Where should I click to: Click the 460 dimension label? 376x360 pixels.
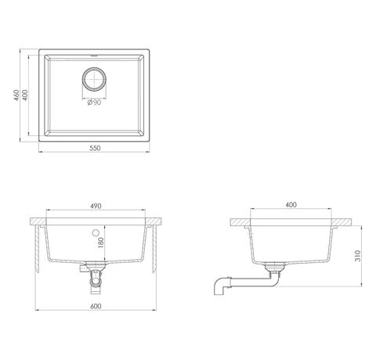tap(16, 95)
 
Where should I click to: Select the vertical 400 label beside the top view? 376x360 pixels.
tap(24, 95)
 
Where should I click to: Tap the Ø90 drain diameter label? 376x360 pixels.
tap(94, 103)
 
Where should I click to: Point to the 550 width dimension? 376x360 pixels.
tap(95, 148)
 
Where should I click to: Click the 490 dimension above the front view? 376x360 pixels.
tap(96, 206)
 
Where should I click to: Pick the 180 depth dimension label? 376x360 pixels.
tap(100, 243)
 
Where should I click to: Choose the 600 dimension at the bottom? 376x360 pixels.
tap(96, 306)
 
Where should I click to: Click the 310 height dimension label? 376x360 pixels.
tap(357, 256)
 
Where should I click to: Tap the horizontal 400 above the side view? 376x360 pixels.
tap(291, 205)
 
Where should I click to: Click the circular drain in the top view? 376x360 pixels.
tap(94, 79)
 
